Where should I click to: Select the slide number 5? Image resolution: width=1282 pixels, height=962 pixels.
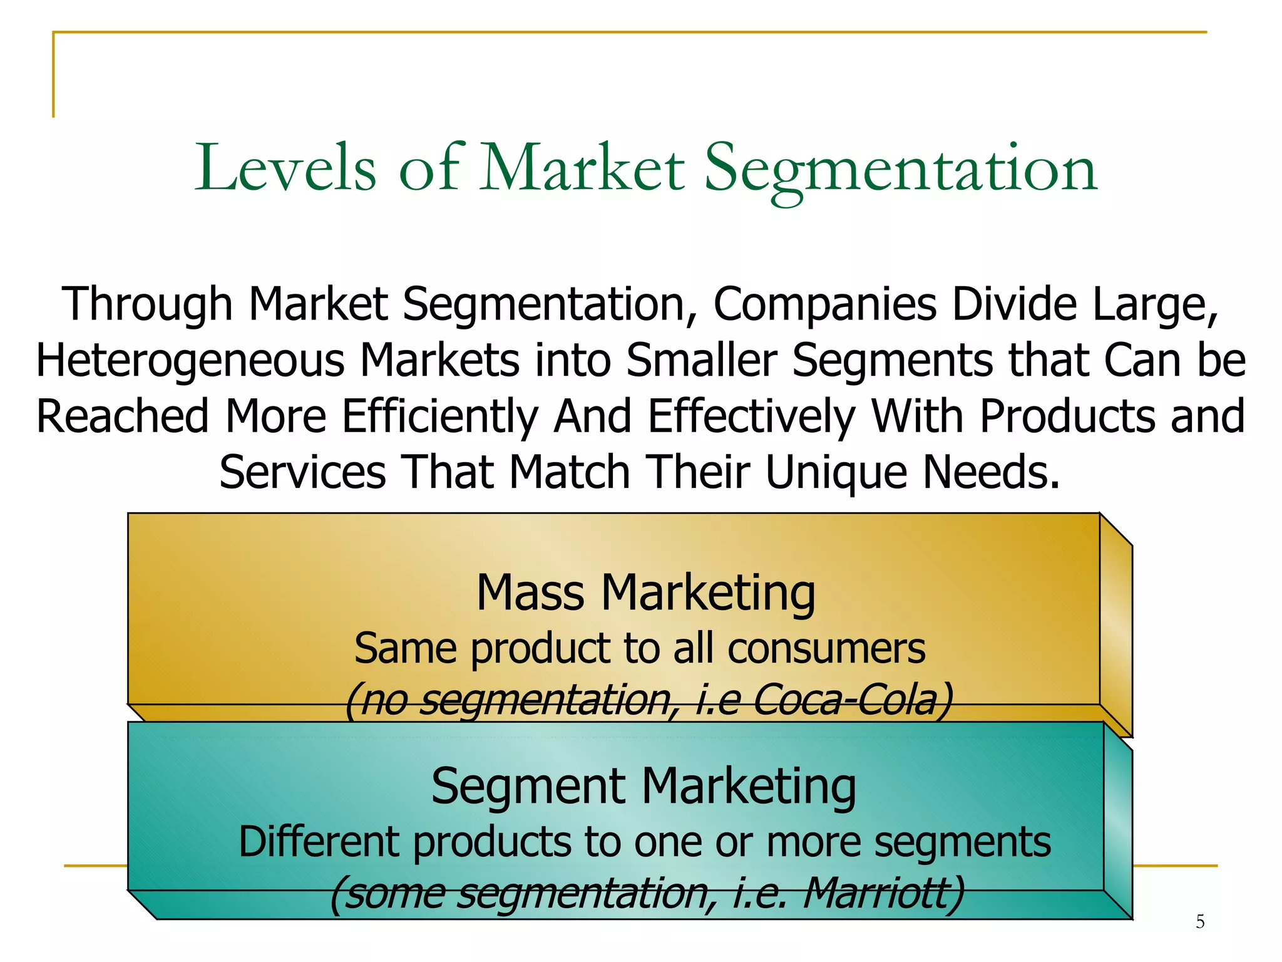pos(1200,921)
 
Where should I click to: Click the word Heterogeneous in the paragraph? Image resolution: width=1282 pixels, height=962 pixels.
pos(190,361)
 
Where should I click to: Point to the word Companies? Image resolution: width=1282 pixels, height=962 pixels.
pos(825,305)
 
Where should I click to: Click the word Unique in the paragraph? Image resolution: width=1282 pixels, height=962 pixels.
pos(836,473)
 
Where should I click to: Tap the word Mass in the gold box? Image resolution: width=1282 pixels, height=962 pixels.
pos(531,592)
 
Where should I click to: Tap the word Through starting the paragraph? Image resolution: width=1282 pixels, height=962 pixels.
pos(148,305)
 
